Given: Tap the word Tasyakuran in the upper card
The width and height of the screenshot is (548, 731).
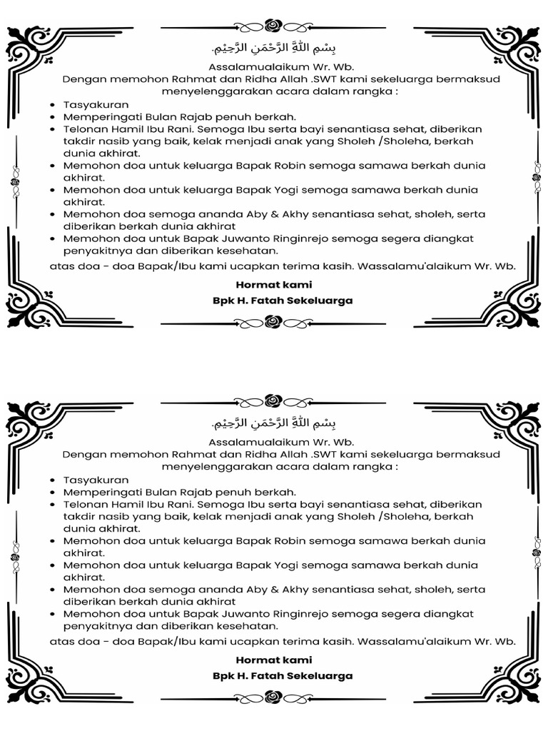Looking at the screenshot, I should [x=96, y=104].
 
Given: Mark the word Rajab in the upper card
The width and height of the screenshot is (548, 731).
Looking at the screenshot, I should [x=189, y=116].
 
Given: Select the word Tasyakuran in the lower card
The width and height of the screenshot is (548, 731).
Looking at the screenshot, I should [x=96, y=480].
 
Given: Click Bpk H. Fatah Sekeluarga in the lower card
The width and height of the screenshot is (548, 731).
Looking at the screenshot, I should [x=283, y=675].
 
